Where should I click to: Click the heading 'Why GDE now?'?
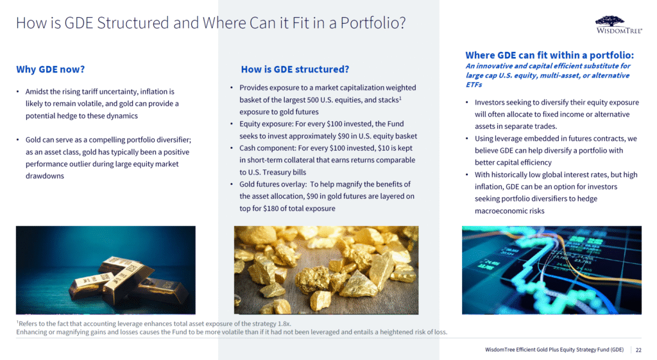pyautogui.click(x=50, y=69)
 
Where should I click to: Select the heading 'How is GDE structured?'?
pyautogui.click(x=294, y=69)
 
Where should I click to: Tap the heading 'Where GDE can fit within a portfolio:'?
pyautogui.click(x=549, y=55)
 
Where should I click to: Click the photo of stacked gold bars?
pyautogui.click(x=106, y=270)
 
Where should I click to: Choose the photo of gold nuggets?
pyautogui.click(x=326, y=270)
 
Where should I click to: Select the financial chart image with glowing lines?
pyautogui.click(x=551, y=270)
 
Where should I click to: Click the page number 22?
pyautogui.click(x=638, y=350)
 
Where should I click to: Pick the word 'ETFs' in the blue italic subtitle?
pyautogui.click(x=474, y=84)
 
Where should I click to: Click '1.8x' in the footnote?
pyautogui.click(x=284, y=323)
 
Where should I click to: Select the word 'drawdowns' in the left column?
pyautogui.click(x=45, y=176)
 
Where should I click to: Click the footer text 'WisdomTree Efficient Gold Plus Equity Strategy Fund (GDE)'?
pyautogui.click(x=554, y=350)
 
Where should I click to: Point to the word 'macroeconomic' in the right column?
pyautogui.click(x=498, y=211)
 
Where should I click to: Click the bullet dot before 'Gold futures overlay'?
pyautogui.click(x=231, y=184)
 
